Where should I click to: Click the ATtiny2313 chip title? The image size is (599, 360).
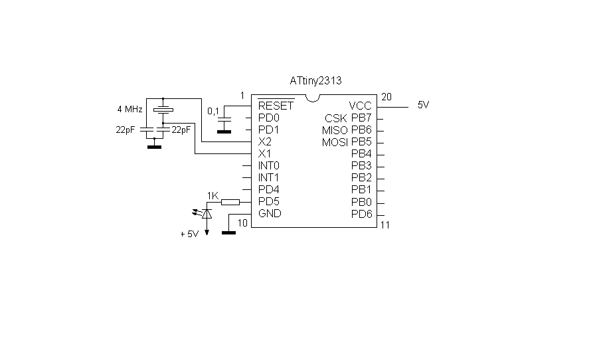tap(315, 80)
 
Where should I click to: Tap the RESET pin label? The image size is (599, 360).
tap(276, 106)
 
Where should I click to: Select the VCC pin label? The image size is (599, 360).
tap(361, 106)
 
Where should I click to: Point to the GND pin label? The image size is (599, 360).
tap(270, 213)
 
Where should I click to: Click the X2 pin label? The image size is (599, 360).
tap(264, 141)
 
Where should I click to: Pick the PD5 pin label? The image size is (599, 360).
tap(269, 201)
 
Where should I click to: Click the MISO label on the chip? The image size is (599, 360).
tap(335, 130)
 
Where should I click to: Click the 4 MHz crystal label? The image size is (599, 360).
tap(129, 108)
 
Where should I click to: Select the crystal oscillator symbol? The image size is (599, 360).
tap(163, 109)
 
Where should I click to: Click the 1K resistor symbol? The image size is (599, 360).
tap(230, 201)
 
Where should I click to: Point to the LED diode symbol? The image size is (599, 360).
tap(206, 213)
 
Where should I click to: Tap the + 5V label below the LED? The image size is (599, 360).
tap(189, 234)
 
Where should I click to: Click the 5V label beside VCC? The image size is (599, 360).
tap(423, 105)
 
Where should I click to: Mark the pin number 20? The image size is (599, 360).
tap(386, 96)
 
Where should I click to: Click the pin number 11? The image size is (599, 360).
tap(385, 225)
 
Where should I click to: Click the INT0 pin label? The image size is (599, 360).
tap(269, 165)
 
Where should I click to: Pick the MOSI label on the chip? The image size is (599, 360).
tap(335, 142)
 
